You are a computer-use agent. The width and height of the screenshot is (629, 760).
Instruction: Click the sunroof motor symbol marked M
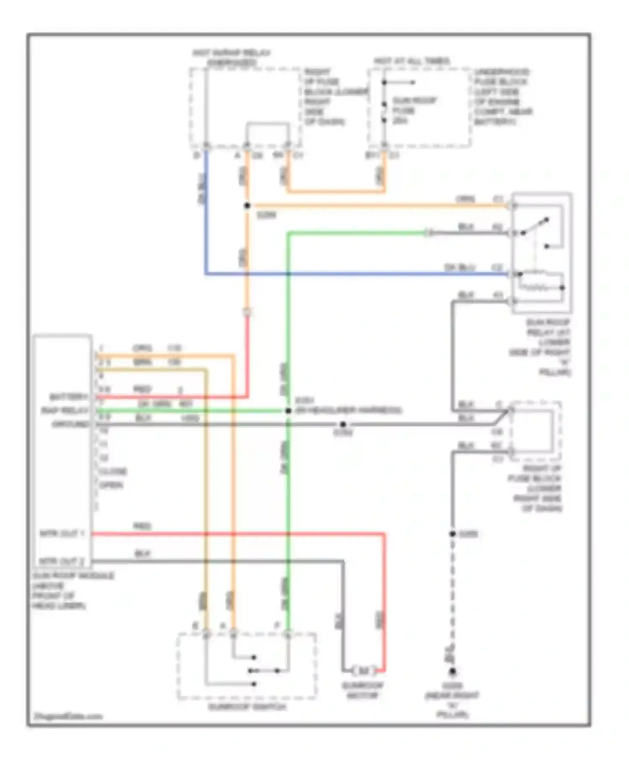pyautogui.click(x=363, y=671)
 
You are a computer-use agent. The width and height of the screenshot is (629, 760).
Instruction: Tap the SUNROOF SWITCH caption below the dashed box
pyautogui.click(x=247, y=707)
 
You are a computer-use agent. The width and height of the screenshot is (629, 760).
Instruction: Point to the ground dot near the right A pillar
pyautogui.click(x=452, y=672)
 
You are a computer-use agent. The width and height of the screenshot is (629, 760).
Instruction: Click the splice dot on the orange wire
pyautogui.click(x=247, y=206)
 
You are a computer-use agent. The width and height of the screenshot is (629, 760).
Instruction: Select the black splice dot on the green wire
pyautogui.click(x=289, y=411)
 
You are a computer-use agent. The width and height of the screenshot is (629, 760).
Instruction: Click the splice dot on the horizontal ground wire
pyautogui.click(x=343, y=424)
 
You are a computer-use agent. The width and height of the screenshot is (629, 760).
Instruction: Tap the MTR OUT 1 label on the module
pyautogui.click(x=62, y=533)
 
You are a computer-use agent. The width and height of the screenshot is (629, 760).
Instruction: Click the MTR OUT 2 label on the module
pyautogui.click(x=62, y=561)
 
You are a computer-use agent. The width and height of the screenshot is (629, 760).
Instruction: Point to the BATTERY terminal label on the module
pyautogui.click(x=68, y=396)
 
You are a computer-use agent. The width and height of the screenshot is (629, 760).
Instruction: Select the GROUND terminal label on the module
pyautogui.click(x=71, y=424)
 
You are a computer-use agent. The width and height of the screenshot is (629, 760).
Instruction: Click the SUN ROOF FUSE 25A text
pyautogui.click(x=409, y=110)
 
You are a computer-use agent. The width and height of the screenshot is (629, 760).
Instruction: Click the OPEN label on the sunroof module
pyautogui.click(x=111, y=485)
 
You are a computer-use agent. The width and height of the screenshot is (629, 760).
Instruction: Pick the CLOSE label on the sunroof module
pyautogui.click(x=113, y=471)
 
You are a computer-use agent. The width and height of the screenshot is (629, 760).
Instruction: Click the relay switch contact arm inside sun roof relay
pyautogui.click(x=535, y=226)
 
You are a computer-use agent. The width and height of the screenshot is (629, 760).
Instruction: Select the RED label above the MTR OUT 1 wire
pyautogui.click(x=142, y=526)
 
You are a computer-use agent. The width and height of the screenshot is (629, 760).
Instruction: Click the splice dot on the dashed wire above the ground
pyautogui.click(x=452, y=534)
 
